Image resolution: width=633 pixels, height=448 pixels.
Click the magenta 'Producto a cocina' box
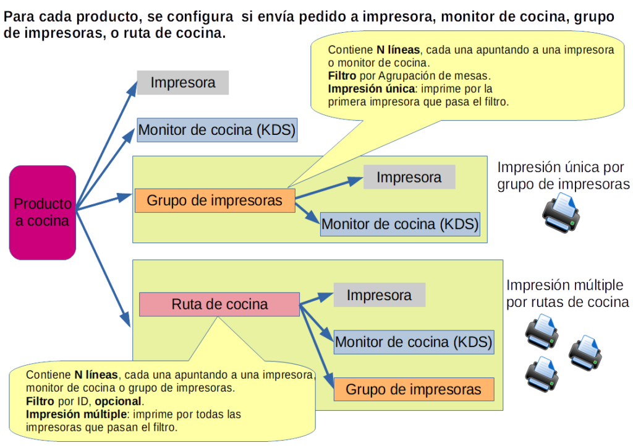pos(43,212)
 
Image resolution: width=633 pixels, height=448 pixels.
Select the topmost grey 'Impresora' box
pos(183,83)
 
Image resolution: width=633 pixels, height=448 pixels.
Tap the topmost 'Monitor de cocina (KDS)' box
pos(218,130)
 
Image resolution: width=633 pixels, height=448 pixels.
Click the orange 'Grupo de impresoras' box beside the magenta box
pos(215,201)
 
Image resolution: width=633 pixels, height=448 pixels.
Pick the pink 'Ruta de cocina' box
pos(219,304)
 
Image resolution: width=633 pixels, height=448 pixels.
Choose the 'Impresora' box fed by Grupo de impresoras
pos(409,178)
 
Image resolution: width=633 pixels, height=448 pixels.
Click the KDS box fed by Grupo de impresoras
pos(400,224)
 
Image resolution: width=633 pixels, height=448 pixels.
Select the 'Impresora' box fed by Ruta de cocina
pos(379,295)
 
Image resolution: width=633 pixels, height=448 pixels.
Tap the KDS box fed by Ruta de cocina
pos(413,342)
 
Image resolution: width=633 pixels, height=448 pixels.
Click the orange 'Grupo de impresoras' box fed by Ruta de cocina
pos(414,389)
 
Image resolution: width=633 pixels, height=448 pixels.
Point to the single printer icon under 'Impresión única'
pos(561,212)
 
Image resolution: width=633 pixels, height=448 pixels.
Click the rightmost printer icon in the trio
pos(585,353)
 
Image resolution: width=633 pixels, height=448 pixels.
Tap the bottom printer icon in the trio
pos(542,374)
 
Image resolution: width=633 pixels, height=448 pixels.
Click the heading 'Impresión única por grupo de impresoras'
pos(563,176)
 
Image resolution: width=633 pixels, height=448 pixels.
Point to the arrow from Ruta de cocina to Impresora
pos(316,298)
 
